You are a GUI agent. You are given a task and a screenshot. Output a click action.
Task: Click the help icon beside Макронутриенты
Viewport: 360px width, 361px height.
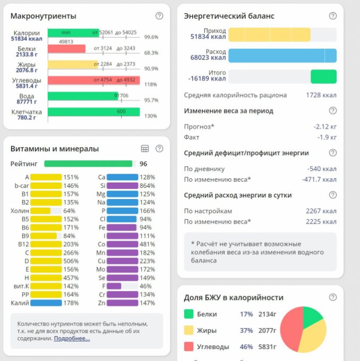[159, 16]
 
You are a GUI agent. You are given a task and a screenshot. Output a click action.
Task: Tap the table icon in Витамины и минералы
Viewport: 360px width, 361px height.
[145, 149]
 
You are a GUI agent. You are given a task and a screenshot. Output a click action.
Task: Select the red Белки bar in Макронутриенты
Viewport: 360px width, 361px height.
[66, 49]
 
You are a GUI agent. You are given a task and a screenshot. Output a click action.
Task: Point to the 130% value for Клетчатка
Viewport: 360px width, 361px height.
[151, 116]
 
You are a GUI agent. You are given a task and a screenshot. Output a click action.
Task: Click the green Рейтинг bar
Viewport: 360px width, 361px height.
[88, 164]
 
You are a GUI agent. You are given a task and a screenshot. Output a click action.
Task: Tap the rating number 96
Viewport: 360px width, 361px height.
[143, 164]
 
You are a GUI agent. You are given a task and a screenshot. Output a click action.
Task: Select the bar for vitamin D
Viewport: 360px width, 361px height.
[46, 261]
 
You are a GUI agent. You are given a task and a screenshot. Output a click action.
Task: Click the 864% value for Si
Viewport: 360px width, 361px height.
[148, 186]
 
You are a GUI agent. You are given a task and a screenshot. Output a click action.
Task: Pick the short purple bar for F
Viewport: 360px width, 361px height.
[114, 286]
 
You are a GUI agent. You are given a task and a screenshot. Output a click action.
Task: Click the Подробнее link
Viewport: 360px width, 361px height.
[72, 338]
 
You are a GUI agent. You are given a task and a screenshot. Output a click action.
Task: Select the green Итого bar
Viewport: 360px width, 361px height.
[323, 76]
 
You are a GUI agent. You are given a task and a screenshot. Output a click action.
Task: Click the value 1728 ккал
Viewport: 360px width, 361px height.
[321, 95]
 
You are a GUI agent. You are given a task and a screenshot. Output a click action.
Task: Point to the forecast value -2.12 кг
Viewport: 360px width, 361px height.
[324, 127]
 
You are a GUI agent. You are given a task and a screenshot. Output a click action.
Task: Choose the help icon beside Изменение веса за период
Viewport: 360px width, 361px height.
[333, 111]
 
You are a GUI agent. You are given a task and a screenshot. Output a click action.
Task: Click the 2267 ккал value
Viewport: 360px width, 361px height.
[321, 211]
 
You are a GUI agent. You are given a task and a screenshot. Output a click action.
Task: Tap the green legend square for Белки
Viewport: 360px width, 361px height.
[188, 314]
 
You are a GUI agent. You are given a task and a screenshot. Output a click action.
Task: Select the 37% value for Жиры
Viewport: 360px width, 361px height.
[246, 330]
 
